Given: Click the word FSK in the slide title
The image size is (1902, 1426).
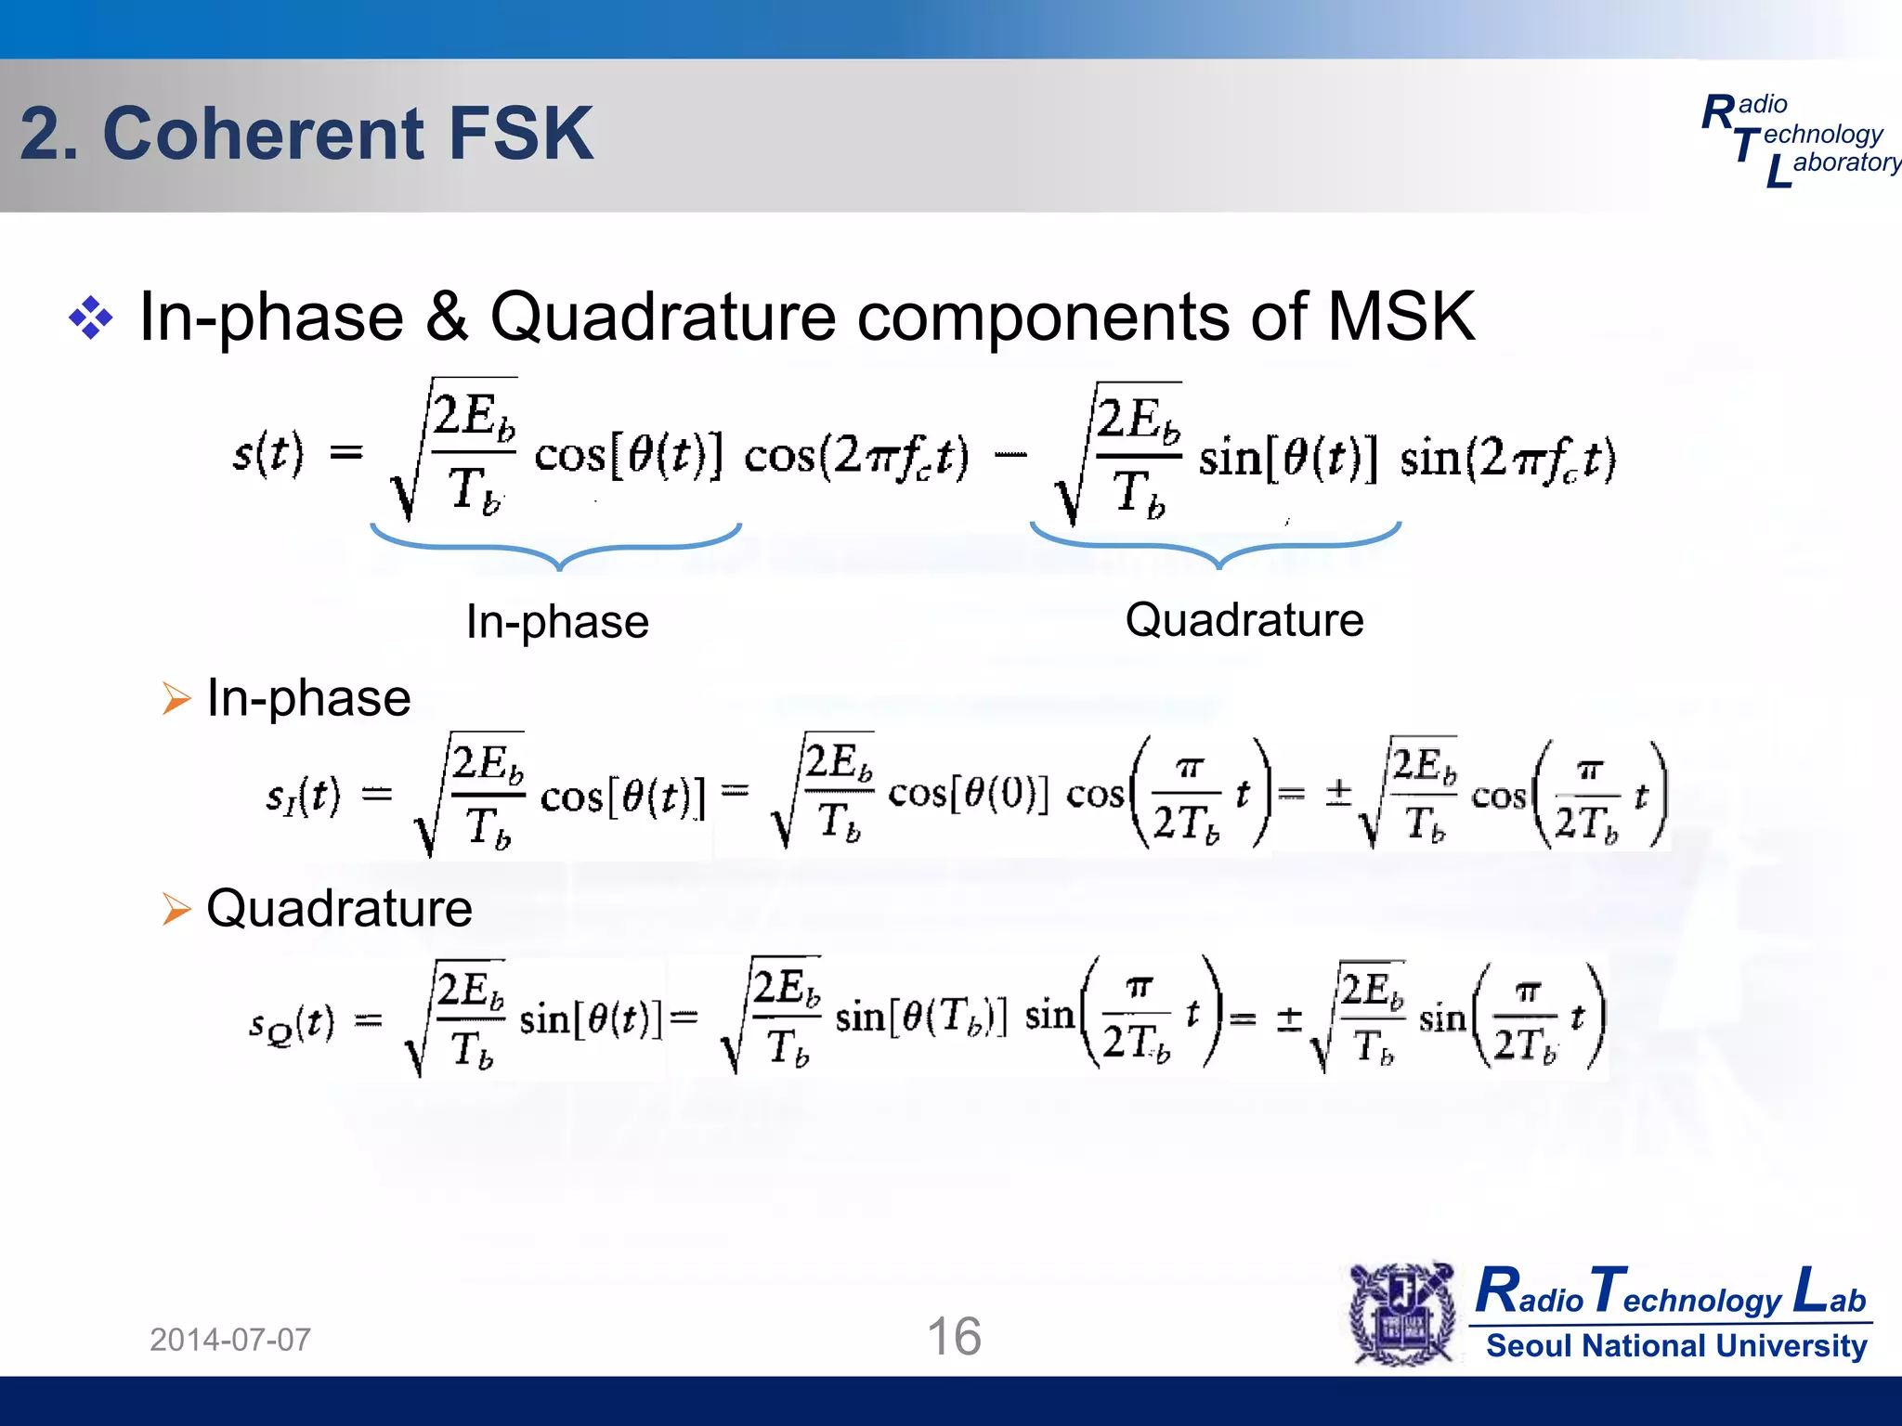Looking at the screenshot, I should (x=520, y=134).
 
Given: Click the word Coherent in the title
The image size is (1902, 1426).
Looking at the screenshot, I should (x=264, y=134).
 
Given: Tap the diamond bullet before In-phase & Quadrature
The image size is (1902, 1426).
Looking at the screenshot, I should (x=91, y=318).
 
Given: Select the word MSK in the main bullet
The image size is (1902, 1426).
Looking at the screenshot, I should (x=1400, y=318).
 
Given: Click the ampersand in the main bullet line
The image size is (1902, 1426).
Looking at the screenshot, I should (x=447, y=318).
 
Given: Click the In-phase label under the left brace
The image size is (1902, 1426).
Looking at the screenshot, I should (x=557, y=621).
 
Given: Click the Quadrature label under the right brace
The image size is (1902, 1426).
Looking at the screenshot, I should (x=1244, y=620).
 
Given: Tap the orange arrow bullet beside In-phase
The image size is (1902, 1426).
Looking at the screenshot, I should (x=176, y=698).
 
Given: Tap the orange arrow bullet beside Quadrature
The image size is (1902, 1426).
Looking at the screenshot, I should (x=176, y=909).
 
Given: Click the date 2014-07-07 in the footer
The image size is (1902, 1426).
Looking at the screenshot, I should (x=230, y=1340).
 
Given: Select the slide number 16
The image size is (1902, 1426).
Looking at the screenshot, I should (x=954, y=1336).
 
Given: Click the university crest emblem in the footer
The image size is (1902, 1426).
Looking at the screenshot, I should (x=1402, y=1314).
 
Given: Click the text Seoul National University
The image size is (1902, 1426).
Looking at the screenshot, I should (x=1676, y=1345).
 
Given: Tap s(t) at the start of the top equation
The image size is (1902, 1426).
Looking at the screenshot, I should (x=267, y=454).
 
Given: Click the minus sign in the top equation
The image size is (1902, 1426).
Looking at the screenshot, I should (x=1010, y=455).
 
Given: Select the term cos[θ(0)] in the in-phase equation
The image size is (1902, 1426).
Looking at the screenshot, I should (x=969, y=794).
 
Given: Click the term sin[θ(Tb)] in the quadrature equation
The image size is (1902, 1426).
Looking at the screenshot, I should (x=920, y=1018).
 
